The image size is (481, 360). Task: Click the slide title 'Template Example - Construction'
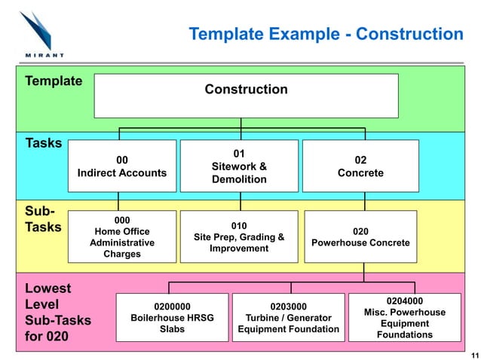point(326,35)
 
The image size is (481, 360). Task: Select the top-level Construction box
point(246,95)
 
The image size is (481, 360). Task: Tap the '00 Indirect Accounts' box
point(121,166)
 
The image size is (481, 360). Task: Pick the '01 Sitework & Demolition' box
point(239,166)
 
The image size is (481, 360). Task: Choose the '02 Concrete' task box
point(360,166)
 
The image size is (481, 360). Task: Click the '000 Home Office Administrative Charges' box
point(121,236)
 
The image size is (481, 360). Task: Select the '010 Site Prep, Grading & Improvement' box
point(239,236)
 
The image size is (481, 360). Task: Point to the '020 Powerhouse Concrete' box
point(360,236)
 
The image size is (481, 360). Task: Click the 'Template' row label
point(54,81)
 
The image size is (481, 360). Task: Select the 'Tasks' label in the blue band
point(44,143)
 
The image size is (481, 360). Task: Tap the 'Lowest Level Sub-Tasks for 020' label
point(58,312)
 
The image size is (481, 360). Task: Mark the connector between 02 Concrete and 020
point(364,202)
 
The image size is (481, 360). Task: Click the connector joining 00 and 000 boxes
point(119,202)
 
